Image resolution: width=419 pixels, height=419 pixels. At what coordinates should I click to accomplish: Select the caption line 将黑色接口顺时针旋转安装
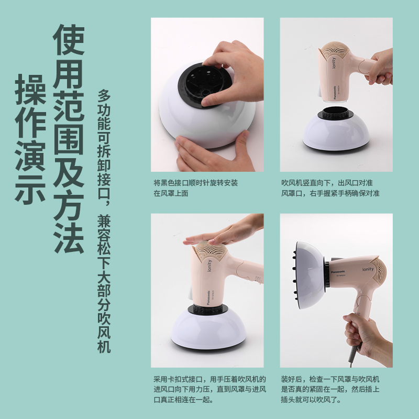click(x=196, y=183)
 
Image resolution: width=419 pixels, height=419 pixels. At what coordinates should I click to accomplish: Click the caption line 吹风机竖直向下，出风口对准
click(x=327, y=183)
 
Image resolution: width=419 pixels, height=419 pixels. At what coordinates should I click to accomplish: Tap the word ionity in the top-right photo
click(x=333, y=64)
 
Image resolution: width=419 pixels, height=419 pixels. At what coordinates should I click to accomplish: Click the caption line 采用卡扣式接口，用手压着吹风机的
click(x=210, y=379)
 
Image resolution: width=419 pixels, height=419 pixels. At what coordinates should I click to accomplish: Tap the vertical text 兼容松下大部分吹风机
click(x=104, y=283)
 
